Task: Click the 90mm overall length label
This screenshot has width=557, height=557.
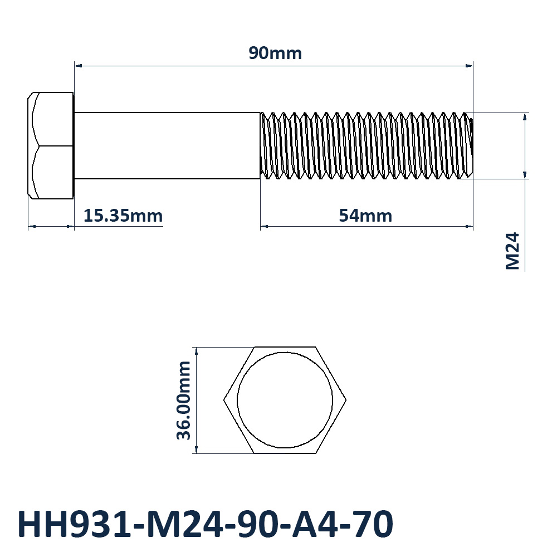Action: click(275, 53)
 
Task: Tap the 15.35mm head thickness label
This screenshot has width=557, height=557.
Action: click(123, 216)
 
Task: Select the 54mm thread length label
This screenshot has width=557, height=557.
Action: click(365, 216)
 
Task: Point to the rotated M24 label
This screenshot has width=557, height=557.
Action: click(512, 251)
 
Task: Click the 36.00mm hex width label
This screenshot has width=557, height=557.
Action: click(184, 400)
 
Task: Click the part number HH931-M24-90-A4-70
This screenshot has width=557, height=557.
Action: click(205, 524)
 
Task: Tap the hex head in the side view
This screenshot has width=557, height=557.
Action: click(51, 145)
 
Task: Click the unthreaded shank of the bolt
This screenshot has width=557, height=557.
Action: click(167, 145)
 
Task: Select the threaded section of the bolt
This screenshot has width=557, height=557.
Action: click(367, 145)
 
